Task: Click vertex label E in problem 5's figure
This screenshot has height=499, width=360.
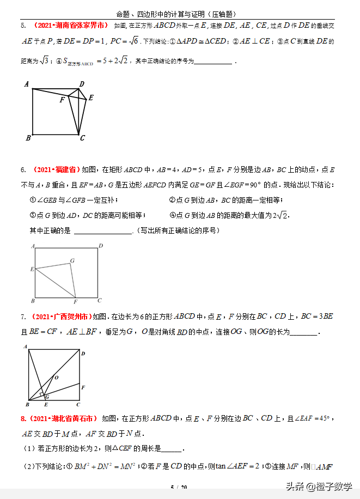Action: [91, 98]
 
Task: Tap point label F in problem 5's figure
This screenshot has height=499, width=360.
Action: [62, 100]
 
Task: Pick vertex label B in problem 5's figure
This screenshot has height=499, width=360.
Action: [28, 138]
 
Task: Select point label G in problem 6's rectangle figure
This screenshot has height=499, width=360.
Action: [72, 261]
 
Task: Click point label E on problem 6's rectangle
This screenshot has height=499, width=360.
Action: [32, 269]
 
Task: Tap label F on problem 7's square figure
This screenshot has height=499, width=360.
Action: [83, 387]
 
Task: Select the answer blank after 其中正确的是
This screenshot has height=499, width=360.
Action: [103, 232]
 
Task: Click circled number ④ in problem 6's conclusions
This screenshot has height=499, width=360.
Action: [173, 215]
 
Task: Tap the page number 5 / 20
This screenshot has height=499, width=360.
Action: [179, 488]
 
